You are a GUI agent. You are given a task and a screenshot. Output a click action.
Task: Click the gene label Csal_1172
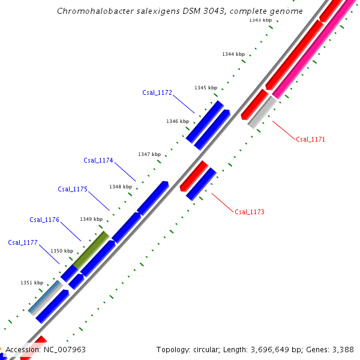pos(157,93)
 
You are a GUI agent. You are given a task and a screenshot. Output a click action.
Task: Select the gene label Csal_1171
pos(310,139)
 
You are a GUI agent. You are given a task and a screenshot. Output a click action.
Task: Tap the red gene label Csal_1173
pos(249,212)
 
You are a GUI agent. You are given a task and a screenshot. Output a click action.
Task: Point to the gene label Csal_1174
pos(98,160)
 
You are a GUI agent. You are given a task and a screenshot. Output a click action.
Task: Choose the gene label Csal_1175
pos(73,189)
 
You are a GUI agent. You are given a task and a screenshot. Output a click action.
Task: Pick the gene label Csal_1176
pos(44,220)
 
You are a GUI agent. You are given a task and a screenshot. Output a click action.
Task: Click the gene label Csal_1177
pos(23,242)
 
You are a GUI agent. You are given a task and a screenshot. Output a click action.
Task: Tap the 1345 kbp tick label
pos(205,88)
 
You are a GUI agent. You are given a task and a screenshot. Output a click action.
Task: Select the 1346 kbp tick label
pos(178,121)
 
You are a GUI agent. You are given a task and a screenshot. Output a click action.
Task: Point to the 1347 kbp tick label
pos(149,154)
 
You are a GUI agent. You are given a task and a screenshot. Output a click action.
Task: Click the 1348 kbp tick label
pos(121,187)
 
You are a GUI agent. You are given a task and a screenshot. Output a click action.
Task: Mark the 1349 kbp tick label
pos(91,219)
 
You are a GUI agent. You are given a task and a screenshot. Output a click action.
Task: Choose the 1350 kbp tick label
pos(62,251)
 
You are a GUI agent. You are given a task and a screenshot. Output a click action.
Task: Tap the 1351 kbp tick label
pos(32,283)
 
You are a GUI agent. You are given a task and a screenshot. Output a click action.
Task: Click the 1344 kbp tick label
pos(233,55)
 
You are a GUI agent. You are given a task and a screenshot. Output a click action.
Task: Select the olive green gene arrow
pos(91,250)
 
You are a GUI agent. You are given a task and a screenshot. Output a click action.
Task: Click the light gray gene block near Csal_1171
pos(262,112)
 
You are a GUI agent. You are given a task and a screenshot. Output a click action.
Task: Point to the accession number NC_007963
pos(62,349)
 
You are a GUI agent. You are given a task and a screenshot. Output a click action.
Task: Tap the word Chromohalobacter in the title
pos(91,11)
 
